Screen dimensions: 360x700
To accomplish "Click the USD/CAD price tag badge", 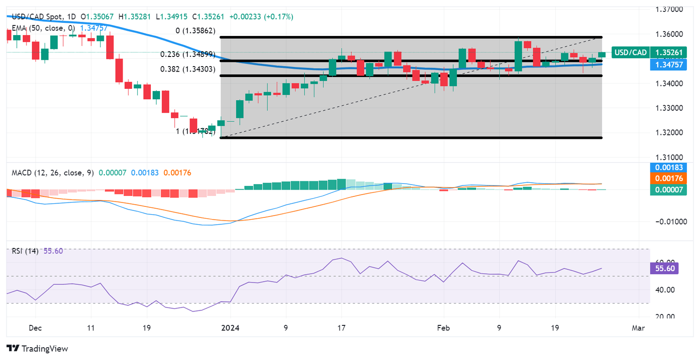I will pos(630,52).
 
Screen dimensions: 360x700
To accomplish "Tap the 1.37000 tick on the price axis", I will pos(669,9).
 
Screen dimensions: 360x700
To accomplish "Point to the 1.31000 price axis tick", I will pos(669,157).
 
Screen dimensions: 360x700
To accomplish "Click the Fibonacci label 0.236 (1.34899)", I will pos(187,54).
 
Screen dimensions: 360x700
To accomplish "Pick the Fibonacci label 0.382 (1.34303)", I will pos(187,69).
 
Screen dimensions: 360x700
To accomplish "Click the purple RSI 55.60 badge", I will pos(664,268).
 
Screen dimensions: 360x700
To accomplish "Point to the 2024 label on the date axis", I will pos(230,328).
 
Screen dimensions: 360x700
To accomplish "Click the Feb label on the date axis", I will pos(443,328).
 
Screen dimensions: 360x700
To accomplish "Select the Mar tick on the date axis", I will pos(638,328).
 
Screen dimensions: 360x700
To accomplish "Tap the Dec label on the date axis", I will pos(35,328).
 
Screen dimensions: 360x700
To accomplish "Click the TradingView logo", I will pos(37,349).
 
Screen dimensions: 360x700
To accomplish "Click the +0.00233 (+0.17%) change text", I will pos(261,17).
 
